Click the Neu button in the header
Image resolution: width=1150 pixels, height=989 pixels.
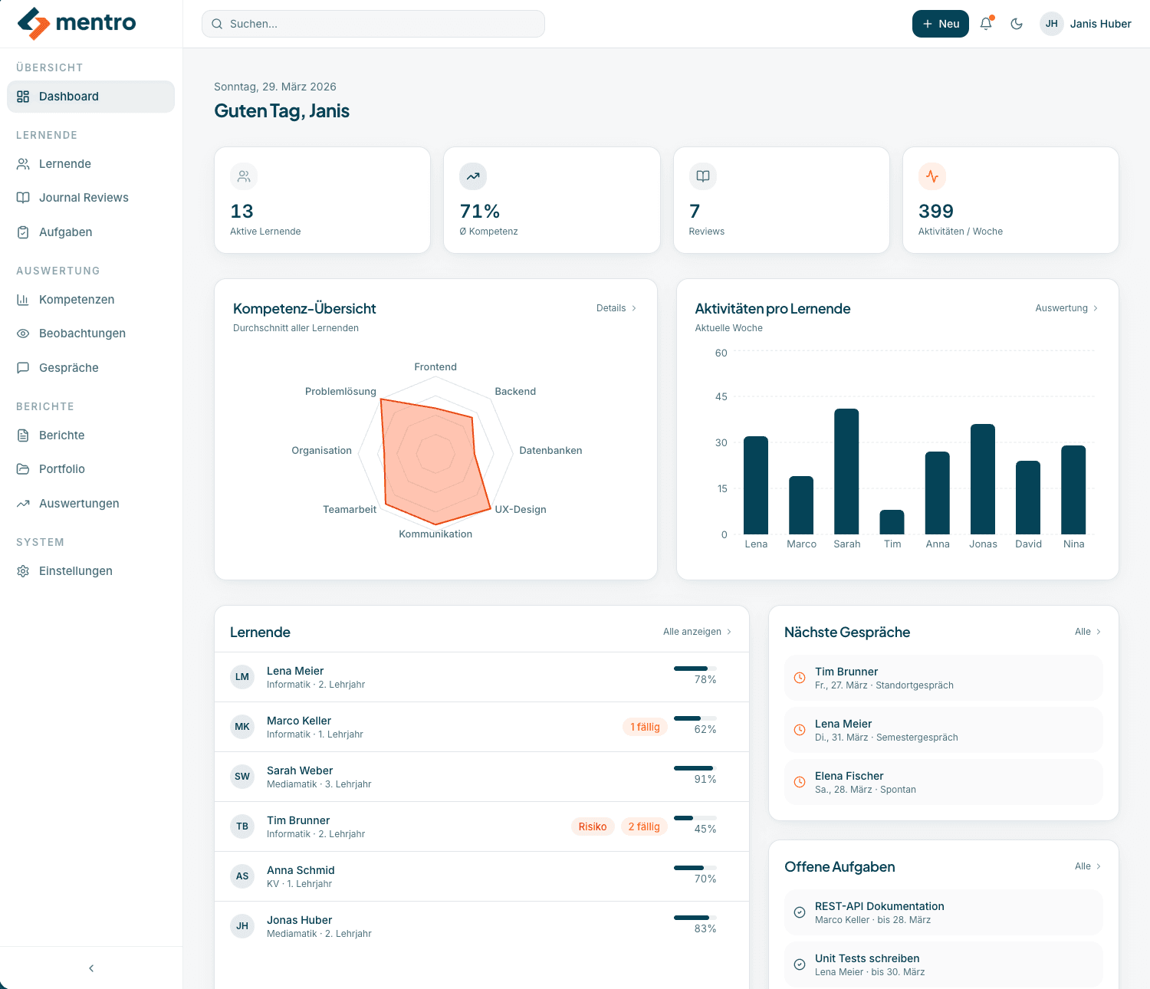(940, 24)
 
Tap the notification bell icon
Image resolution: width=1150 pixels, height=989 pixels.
(986, 24)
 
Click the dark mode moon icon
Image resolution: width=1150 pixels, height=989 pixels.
(1017, 24)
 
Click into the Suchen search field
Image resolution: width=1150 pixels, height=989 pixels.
(373, 24)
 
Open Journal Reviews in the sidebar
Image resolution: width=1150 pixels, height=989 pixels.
(84, 198)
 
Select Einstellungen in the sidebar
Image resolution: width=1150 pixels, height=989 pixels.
(75, 571)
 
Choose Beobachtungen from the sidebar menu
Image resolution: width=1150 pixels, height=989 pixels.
(82, 333)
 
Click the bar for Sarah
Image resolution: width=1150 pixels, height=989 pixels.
(846, 472)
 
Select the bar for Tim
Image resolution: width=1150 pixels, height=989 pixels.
(892, 522)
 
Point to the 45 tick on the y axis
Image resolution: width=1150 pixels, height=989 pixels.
(721, 396)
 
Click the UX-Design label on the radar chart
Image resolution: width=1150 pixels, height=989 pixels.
(521, 510)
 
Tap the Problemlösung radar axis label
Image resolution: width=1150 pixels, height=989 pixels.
(340, 392)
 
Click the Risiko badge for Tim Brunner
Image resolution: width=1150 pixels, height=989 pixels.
(592, 826)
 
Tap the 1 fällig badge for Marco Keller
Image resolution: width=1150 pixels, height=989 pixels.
(645, 727)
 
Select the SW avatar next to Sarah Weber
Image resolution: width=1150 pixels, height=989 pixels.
(242, 777)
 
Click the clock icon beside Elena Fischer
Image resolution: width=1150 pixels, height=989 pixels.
(800, 782)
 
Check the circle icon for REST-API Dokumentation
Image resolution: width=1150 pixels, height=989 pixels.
(800, 912)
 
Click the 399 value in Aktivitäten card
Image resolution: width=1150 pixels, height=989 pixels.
(936, 212)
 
